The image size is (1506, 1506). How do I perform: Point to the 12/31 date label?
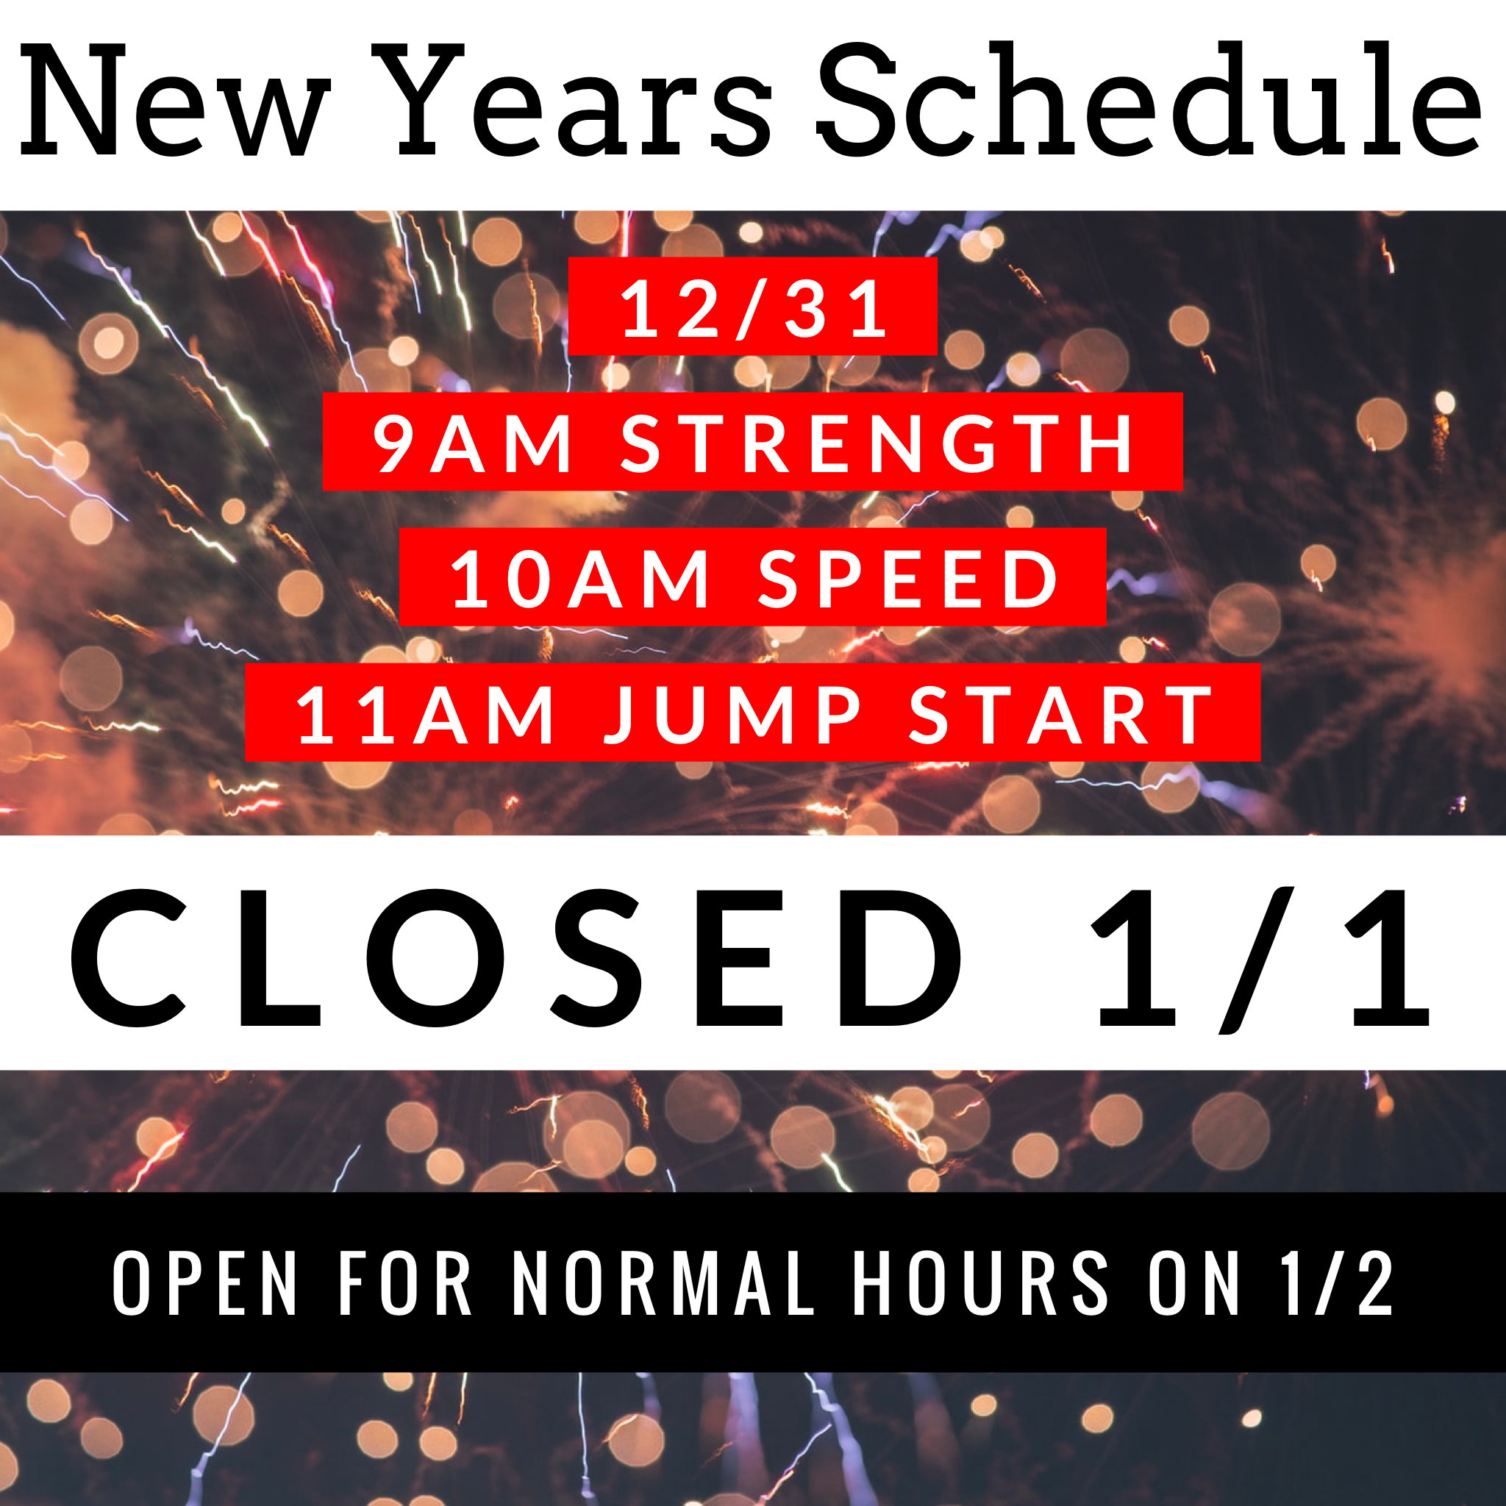[x=753, y=309]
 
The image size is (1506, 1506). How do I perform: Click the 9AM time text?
[x=472, y=443]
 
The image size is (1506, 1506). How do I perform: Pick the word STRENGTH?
[x=877, y=443]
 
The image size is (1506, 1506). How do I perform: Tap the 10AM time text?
[x=581, y=579]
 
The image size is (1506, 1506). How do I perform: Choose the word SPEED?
[x=908, y=579]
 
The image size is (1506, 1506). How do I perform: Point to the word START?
[x=1060, y=714]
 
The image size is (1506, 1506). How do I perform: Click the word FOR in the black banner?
[x=405, y=1283]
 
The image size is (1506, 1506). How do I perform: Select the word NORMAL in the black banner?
[x=663, y=1283]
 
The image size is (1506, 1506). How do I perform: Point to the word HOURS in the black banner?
[x=981, y=1283]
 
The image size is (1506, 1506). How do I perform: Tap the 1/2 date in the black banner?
[x=1338, y=1283]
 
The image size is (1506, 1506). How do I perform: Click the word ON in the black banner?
[x=1194, y=1283]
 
